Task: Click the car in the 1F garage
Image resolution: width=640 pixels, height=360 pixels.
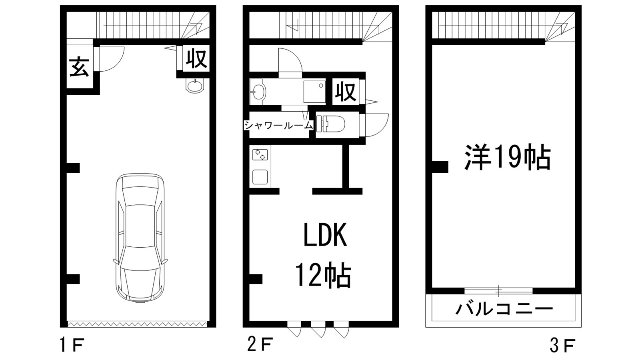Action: point(139,238)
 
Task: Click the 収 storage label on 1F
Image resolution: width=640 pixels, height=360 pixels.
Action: point(196,59)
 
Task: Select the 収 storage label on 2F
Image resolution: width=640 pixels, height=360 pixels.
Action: point(346,92)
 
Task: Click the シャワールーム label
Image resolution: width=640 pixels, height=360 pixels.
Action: point(278,125)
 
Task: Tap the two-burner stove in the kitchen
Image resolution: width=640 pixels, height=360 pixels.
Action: point(260,154)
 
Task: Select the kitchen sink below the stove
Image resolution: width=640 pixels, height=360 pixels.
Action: point(260,176)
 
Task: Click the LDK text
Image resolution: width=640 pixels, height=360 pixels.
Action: point(324,236)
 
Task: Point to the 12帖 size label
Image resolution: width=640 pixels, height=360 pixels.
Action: point(323,276)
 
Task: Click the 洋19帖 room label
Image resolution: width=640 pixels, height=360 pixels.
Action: point(507,157)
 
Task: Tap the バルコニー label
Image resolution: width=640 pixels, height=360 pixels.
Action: point(504,309)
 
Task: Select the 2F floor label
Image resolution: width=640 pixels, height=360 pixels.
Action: point(260,344)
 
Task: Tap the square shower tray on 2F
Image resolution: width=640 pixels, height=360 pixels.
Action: point(314,92)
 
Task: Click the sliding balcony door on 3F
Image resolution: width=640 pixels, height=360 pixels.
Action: point(499,291)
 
